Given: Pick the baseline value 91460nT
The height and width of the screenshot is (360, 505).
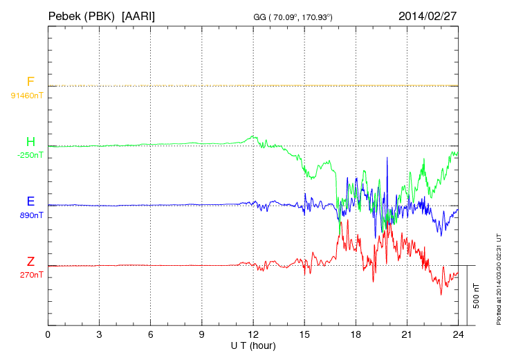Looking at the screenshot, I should tap(26, 95).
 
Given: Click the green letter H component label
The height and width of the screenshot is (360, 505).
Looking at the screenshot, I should tap(30, 143).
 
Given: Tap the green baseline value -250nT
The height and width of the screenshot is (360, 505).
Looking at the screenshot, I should tap(30, 155).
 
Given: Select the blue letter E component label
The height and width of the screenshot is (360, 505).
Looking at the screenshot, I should tap(30, 202).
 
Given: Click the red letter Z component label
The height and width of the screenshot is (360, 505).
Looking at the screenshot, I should tap(30, 262).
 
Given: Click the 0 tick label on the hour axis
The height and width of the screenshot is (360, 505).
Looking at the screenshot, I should tap(48, 336).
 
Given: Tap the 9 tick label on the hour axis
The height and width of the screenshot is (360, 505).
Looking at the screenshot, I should tap(202, 336).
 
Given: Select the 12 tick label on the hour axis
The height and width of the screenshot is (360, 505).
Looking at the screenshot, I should tap(253, 336).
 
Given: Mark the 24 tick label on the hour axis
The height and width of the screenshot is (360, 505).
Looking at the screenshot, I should tap(458, 336).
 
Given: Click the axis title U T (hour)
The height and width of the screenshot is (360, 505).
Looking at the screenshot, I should tap(253, 345).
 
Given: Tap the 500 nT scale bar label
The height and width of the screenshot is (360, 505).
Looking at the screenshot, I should tap(477, 296).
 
